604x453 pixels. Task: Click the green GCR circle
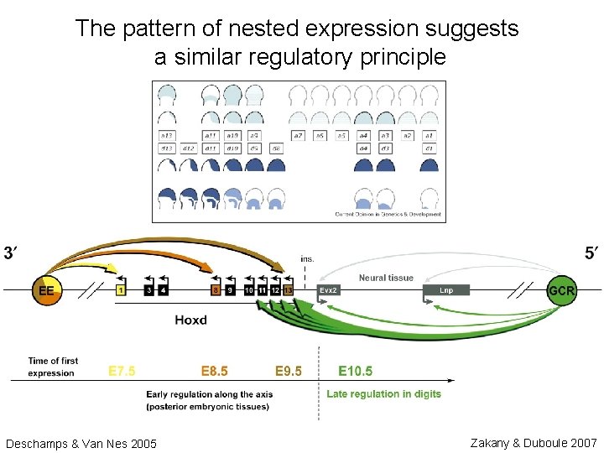(561, 290)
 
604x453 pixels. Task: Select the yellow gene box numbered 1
(121, 290)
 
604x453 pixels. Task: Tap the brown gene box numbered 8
(215, 290)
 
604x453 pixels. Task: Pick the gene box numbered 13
(288, 290)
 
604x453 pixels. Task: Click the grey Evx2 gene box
(329, 290)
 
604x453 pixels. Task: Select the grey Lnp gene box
(447, 290)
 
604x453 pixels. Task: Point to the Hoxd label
(192, 320)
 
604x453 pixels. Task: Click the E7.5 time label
(122, 371)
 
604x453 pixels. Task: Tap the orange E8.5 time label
(214, 371)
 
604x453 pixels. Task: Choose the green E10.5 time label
(355, 371)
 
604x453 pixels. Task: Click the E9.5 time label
(289, 371)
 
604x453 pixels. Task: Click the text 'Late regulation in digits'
(383, 393)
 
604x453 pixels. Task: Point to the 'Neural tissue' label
(386, 278)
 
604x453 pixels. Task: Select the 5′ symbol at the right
(591, 253)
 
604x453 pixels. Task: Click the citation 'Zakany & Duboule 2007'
(534, 442)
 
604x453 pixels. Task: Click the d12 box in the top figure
(188, 148)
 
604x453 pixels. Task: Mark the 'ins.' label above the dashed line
(307, 258)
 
